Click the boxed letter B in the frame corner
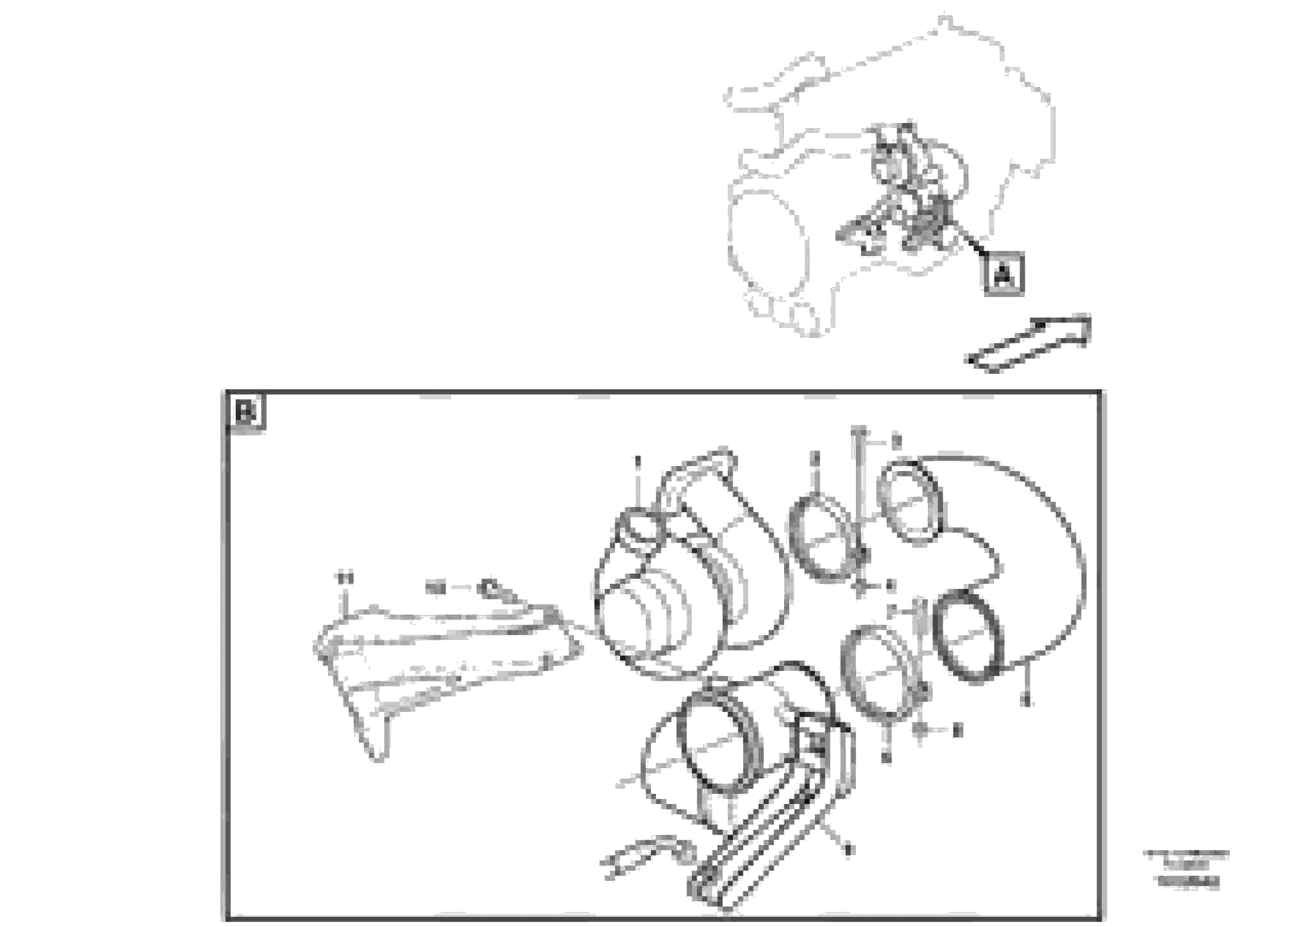pos(246,412)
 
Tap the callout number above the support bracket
pos(344,578)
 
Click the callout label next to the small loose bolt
pos(436,587)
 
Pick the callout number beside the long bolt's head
pos(896,441)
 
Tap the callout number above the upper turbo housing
pos(638,460)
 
